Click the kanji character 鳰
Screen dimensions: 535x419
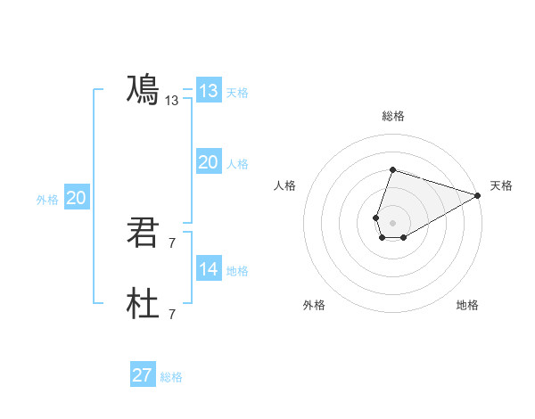tap(143, 90)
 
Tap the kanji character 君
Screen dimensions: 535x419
tap(143, 233)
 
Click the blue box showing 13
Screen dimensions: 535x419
tap(209, 91)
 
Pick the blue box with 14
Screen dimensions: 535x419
tap(209, 269)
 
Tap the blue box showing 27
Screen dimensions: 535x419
tap(143, 375)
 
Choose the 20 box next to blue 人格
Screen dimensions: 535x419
tap(209, 162)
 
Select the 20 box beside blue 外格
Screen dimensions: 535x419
tap(77, 198)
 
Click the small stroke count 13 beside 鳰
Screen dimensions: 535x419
tap(172, 102)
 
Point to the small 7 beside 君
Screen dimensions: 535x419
tap(172, 242)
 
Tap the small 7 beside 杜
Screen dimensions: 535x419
tap(172, 314)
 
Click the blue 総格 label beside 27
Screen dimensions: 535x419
tap(171, 377)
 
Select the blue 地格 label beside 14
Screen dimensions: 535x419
tap(237, 271)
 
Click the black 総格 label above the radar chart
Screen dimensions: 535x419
tap(393, 116)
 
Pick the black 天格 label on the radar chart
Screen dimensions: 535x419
tap(501, 185)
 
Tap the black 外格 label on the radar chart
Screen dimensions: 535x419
tap(314, 305)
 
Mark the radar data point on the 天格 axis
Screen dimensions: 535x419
tap(478, 196)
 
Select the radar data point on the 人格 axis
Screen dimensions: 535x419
tap(377, 218)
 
